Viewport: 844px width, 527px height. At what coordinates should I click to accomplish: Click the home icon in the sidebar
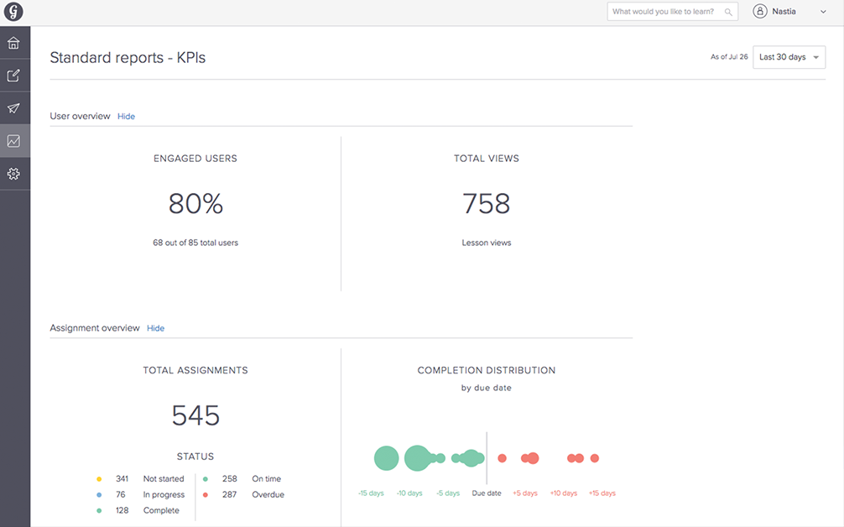tap(13, 43)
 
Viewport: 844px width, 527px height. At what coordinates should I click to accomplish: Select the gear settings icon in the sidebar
tap(13, 174)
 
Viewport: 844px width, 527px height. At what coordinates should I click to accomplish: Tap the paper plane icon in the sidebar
tap(13, 108)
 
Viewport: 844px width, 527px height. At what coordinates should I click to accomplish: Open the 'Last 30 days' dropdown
tap(789, 57)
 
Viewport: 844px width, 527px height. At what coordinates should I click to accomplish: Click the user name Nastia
tap(785, 12)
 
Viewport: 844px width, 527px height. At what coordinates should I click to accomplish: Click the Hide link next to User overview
tap(126, 117)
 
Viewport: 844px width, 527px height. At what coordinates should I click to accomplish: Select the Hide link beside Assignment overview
tap(155, 328)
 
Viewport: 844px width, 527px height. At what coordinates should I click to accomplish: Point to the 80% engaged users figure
tap(195, 204)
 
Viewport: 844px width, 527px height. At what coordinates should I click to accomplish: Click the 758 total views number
tap(487, 204)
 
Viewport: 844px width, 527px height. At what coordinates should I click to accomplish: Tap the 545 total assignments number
tap(195, 415)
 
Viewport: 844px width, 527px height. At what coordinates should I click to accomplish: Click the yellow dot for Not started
tap(99, 479)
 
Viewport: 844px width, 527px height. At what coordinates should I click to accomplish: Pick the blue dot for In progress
tap(99, 495)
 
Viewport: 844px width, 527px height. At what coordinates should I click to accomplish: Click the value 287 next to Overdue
tap(230, 495)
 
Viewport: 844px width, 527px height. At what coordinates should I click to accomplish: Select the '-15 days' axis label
tap(371, 493)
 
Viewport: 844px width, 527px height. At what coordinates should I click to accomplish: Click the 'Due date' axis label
tap(487, 493)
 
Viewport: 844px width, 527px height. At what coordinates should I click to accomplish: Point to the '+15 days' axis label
tap(602, 493)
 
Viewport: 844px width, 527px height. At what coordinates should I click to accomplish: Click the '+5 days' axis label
tap(525, 493)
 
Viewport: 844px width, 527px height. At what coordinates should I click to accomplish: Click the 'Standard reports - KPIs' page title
tap(128, 58)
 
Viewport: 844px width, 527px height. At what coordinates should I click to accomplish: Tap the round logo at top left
tap(13, 12)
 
